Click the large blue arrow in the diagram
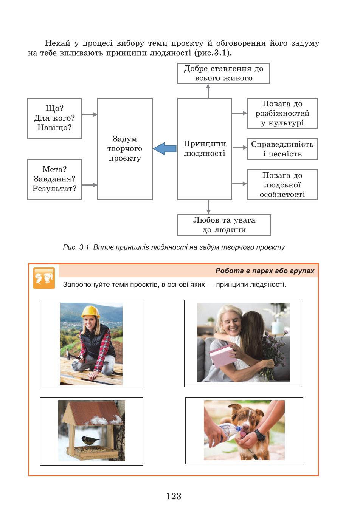(x=165, y=148)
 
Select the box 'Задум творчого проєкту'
(x=124, y=149)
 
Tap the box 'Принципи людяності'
(x=205, y=149)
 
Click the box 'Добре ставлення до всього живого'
(x=223, y=73)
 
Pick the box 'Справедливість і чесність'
(x=282, y=149)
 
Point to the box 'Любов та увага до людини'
(x=224, y=225)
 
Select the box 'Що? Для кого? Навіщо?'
(x=54, y=119)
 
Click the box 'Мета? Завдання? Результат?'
(x=54, y=179)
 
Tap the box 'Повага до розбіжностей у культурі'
(x=282, y=113)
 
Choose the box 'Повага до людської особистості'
(x=282, y=185)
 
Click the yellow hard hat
(x=90, y=311)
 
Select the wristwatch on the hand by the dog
(x=260, y=435)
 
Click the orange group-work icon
(x=44, y=278)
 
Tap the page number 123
(x=174, y=496)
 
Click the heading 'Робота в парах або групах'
(x=265, y=271)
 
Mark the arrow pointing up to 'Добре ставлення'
(x=208, y=91)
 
